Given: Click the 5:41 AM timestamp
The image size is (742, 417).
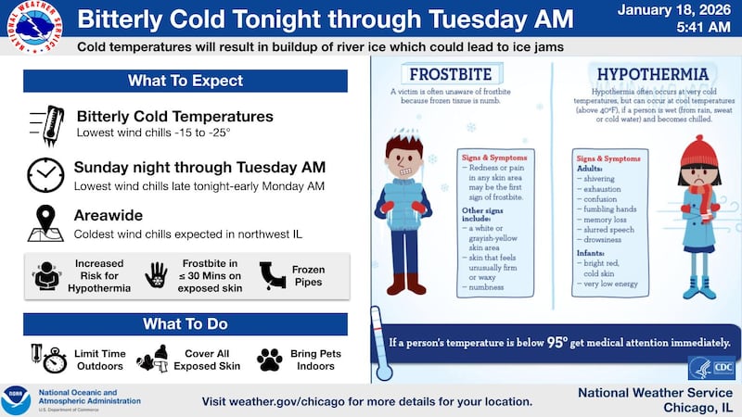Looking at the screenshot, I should pos(701,27).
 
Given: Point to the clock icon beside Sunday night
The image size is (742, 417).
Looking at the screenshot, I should pos(45,173).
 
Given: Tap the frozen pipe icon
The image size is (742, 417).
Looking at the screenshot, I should pos(275,275).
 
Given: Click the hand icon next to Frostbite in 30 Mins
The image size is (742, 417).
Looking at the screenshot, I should pos(156,275).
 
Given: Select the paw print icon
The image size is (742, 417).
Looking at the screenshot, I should pos(270,359).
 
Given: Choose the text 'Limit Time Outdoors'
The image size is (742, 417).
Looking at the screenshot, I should pos(99,359).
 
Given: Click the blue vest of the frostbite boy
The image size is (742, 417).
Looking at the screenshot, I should pos(403,204).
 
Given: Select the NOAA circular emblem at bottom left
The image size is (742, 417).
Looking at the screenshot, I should pos(16,400).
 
